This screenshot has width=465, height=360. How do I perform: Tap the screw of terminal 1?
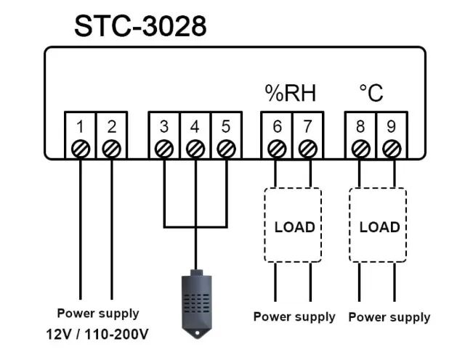tap(80, 149)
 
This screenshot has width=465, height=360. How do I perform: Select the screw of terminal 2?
tap(111, 149)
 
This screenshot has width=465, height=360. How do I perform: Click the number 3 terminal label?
tap(164, 126)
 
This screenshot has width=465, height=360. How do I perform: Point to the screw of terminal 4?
tap(195, 149)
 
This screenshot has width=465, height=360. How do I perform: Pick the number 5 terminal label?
tap(226, 126)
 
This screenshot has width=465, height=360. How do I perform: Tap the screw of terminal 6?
tap(276, 149)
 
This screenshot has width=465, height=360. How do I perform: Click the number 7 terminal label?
tap(308, 126)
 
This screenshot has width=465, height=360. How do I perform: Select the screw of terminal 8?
tap(360, 149)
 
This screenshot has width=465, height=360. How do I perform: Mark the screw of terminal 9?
tap(392, 149)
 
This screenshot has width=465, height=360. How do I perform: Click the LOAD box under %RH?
tap(293, 226)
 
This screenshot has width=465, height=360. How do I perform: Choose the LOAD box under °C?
tap(379, 226)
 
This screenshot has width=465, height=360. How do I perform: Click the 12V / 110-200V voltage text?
tap(99, 334)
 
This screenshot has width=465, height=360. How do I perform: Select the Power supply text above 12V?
tap(98, 314)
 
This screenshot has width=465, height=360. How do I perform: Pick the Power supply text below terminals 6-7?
tap(294, 316)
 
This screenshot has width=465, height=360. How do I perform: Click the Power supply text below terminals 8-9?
tap(389, 317)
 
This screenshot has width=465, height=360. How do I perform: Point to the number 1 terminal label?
tap(80, 126)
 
